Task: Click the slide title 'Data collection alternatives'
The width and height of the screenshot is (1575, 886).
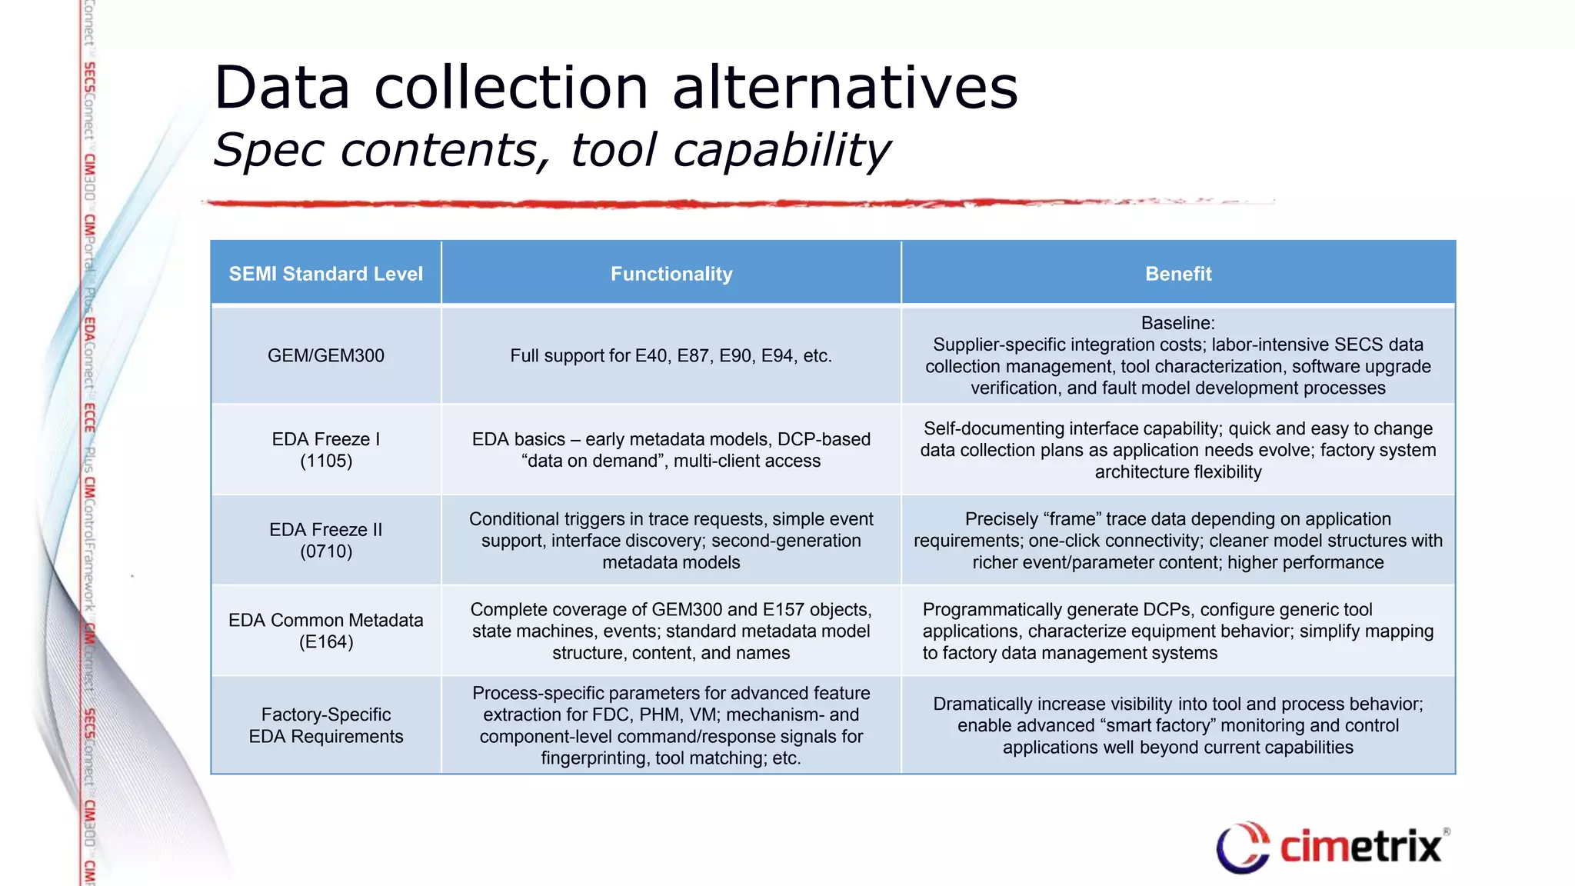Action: (615, 88)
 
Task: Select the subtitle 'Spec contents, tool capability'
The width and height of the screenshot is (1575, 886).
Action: (551, 149)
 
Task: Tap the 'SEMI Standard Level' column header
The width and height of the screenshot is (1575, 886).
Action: (326, 274)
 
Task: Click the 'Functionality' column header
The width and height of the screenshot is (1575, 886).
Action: (671, 274)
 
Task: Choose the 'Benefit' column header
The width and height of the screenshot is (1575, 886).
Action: (1178, 274)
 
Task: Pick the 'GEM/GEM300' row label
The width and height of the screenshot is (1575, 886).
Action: (326, 355)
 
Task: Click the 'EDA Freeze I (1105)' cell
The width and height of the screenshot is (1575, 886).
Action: (326, 450)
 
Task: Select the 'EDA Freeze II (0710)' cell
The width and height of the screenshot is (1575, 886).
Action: (326, 540)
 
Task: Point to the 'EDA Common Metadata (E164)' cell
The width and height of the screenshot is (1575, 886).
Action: (326, 631)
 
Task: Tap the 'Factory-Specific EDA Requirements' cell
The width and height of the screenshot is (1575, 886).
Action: (326, 725)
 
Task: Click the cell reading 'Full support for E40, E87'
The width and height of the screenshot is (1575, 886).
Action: (671, 355)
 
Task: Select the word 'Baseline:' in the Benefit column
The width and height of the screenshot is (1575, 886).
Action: (1178, 323)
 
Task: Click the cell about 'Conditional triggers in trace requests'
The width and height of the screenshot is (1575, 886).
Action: (671, 540)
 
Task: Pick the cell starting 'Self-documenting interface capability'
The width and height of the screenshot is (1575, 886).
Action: (1178, 450)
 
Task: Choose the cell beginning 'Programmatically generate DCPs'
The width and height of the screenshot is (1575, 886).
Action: (1178, 631)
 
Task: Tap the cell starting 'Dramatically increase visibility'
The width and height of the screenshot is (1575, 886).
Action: (1178, 725)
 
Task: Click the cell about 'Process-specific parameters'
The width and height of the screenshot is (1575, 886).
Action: (671, 725)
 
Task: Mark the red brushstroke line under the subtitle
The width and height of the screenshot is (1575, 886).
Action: (692, 204)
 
